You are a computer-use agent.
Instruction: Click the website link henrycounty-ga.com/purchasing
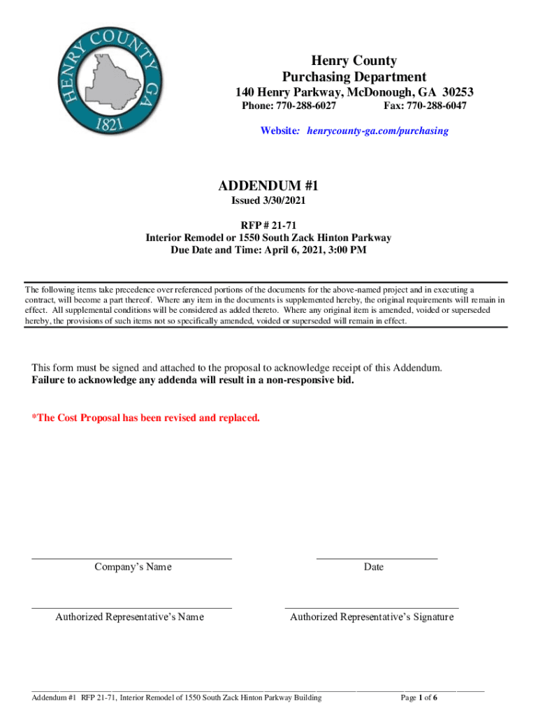point(378,131)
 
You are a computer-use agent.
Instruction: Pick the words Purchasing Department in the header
point(354,77)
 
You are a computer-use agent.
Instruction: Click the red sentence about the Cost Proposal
point(146,418)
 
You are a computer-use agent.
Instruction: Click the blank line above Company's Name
point(131,559)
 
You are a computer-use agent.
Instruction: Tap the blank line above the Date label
point(377,559)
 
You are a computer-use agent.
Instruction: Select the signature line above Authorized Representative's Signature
point(372,609)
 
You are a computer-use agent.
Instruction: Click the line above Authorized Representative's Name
point(131,609)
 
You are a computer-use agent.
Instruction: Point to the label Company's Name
point(133,567)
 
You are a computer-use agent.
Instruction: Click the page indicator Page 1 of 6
point(419,698)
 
